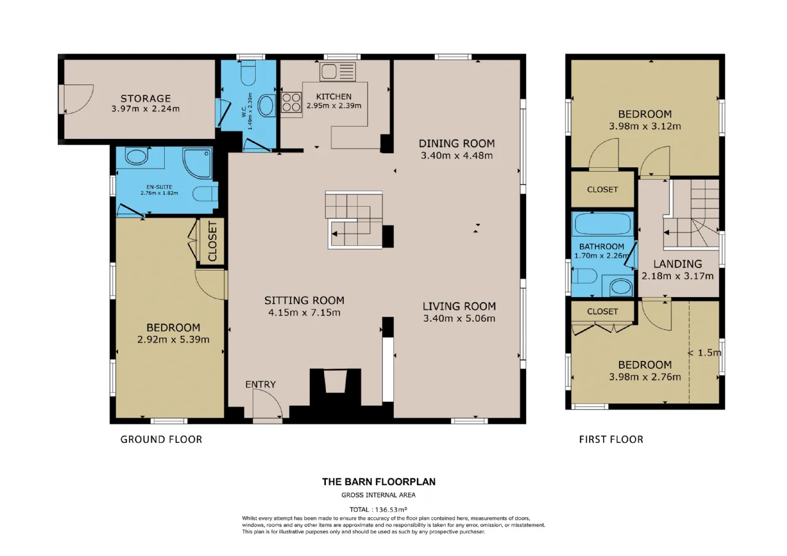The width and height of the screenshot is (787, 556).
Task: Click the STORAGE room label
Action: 146,98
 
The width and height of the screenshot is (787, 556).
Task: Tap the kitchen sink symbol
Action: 338,71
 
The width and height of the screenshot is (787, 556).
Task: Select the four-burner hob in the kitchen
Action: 291,102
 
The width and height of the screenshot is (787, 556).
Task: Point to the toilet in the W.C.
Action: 248,73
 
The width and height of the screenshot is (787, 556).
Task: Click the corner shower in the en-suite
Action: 197,164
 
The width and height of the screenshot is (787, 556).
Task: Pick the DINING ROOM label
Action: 456,143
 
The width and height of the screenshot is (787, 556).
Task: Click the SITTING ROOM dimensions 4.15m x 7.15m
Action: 304,312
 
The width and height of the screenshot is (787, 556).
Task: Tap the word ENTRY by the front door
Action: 260,384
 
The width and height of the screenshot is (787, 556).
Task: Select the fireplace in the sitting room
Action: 336,386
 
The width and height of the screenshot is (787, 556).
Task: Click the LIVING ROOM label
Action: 459,306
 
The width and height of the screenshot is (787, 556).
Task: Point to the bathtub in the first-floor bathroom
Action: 602,224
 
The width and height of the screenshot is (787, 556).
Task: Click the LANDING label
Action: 678,264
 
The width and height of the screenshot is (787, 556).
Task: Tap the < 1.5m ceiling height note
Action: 705,352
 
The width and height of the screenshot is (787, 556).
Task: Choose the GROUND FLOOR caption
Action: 161,439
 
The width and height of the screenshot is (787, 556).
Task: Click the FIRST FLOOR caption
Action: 611,439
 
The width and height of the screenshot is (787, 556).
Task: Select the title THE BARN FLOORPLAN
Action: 379,482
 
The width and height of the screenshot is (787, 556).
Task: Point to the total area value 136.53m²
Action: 391,509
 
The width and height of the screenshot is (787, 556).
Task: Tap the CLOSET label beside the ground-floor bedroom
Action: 212,241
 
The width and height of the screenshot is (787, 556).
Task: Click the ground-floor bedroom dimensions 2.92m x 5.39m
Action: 173,340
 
